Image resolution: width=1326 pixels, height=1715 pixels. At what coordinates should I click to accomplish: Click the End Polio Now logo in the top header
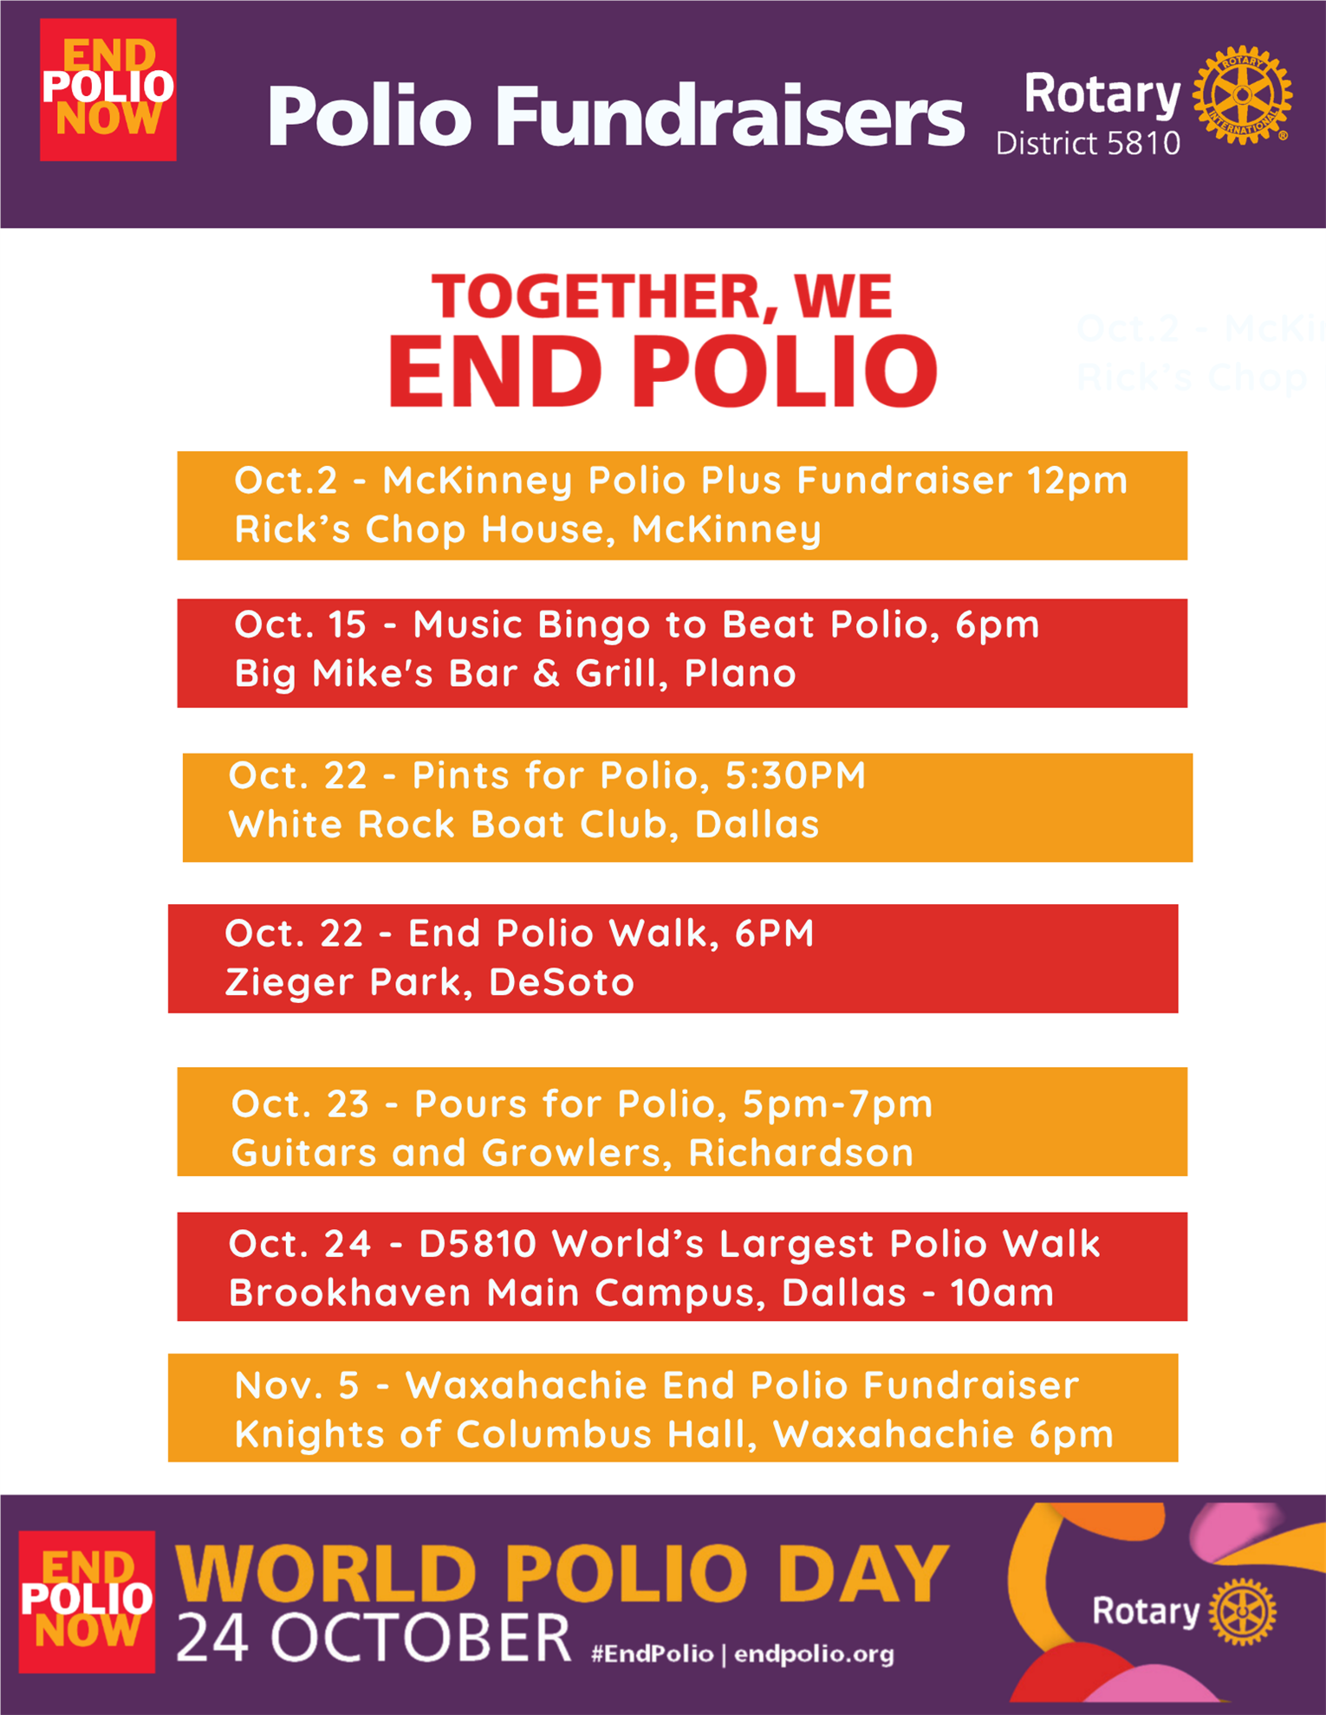coord(108,89)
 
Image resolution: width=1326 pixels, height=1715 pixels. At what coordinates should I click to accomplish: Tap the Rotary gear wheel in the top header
coord(1242,95)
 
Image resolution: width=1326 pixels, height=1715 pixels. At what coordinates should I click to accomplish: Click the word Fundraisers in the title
coord(730,116)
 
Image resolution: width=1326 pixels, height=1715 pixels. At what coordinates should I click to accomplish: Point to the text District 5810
coord(1088,143)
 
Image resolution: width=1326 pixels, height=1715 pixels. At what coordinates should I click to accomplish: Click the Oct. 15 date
coord(300,625)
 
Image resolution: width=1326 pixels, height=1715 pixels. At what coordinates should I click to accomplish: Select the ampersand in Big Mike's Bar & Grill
coord(546,674)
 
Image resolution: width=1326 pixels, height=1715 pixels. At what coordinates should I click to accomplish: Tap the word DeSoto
coord(562,982)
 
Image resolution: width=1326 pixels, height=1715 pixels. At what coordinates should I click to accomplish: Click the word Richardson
coord(801,1153)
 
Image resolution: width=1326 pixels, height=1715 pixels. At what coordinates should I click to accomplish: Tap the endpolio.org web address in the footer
coord(814,1654)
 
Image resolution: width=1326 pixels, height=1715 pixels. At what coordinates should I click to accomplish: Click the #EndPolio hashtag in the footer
coord(652,1654)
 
